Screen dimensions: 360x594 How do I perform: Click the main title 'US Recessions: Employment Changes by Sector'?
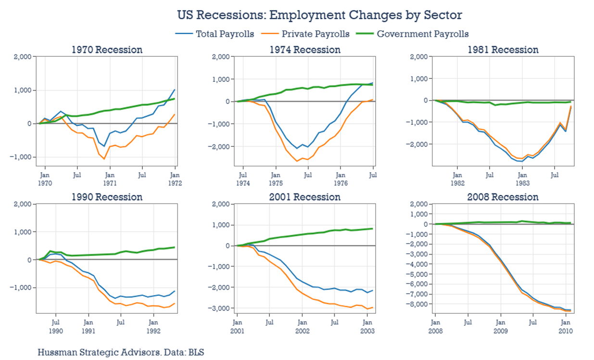pos(319,15)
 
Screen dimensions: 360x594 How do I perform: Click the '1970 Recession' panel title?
pos(107,50)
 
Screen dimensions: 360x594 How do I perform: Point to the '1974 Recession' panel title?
pos(305,50)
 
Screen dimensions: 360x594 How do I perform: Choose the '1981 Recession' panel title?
pos(503,50)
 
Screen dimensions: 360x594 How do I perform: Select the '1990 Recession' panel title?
pos(107,197)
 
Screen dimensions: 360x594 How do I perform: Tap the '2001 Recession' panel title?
pos(305,197)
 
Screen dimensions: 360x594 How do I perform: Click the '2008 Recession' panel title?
pos(503,197)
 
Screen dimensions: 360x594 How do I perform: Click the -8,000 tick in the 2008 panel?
pos(417,304)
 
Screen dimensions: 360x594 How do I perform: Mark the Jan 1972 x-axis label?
pos(175,180)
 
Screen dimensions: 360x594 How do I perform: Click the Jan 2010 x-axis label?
pos(565,327)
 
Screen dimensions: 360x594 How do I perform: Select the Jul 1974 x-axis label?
pos(243,180)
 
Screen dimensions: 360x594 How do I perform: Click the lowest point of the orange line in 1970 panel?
pos(104,159)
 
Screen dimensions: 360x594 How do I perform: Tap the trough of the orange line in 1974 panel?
pos(297,161)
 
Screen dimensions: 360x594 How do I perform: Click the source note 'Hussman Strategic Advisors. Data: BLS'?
pos(121,352)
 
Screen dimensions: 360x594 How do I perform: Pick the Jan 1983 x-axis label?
pos(522,180)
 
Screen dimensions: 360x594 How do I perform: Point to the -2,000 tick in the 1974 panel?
pos(220,146)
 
